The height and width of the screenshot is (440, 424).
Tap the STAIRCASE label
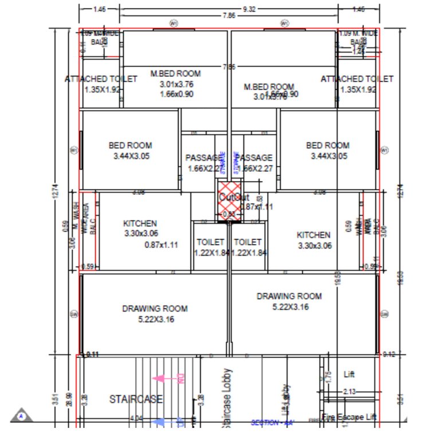136,399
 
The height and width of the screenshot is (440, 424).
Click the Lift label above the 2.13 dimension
349,374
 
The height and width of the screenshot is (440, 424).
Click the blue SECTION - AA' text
272,423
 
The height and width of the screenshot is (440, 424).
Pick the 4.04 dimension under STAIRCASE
136,419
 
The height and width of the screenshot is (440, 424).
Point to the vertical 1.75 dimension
328,378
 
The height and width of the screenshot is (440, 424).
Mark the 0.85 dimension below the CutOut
228,215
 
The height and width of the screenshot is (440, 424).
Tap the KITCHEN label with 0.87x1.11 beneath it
140,223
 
